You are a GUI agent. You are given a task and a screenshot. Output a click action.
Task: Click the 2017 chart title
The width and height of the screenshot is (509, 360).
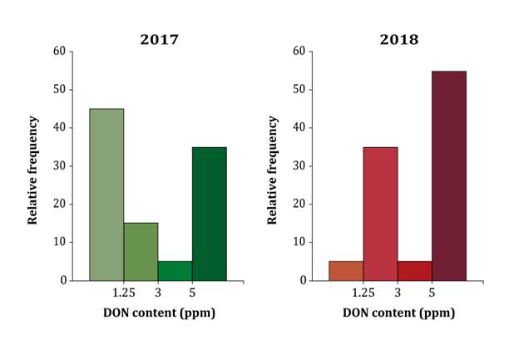[158, 39]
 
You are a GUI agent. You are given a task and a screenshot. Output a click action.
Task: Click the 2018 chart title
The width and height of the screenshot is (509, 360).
[398, 39]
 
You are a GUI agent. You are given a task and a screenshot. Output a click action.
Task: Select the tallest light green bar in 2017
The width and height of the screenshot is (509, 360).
[106, 195]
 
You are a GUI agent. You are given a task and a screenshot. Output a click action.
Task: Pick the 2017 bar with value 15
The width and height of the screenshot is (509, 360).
[141, 251]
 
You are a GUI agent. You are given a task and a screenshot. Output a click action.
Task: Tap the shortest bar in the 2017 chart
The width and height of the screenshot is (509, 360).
[175, 271]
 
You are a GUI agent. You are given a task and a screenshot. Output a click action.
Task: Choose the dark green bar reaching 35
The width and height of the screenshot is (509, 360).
[209, 214]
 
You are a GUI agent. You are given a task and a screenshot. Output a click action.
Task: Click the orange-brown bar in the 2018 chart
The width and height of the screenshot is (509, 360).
[346, 271]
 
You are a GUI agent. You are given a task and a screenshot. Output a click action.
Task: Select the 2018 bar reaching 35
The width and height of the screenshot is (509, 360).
[380, 214]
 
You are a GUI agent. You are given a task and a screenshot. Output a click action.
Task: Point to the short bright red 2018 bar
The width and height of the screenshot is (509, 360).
[414, 271]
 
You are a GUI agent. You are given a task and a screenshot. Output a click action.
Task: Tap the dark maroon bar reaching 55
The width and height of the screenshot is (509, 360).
[449, 175]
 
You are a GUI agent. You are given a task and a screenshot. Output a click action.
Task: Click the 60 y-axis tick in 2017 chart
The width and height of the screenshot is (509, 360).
[59, 51]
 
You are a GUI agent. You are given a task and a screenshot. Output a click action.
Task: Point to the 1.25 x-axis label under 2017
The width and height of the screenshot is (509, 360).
[123, 293]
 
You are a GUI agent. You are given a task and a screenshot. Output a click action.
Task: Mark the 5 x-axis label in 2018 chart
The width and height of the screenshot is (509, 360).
[432, 293]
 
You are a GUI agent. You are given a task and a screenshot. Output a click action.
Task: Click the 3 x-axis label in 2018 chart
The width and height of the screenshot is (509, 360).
[398, 293]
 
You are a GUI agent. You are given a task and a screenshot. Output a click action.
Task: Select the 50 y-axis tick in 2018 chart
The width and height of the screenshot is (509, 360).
[299, 89]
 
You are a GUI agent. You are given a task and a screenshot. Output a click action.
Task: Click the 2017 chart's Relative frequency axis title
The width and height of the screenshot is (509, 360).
[33, 165]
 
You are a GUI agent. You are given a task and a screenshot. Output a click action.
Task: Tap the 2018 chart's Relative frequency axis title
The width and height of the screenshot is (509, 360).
[272, 165]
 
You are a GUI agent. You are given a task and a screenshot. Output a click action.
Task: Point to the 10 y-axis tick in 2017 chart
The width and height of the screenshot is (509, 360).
[59, 242]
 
